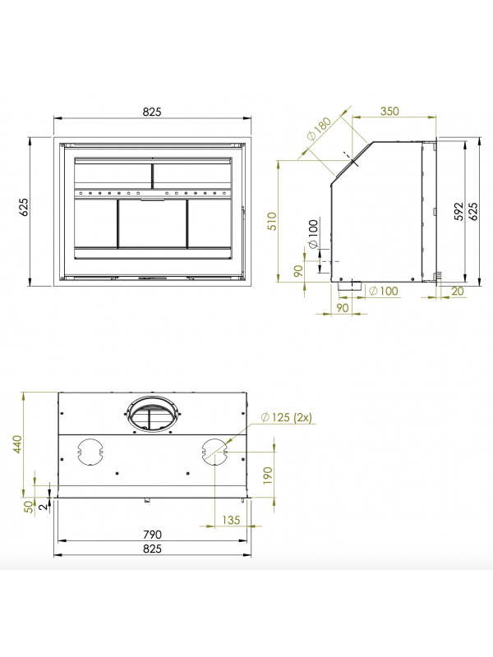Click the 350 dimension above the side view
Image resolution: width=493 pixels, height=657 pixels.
(389, 112)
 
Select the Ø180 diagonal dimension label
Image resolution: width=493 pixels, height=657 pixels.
(320, 130)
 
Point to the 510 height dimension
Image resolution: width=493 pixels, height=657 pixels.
(273, 221)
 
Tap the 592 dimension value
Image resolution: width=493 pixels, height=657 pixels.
(459, 211)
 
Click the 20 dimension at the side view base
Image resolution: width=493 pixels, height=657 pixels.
(458, 291)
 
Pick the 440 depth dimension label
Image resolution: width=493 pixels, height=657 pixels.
(17, 444)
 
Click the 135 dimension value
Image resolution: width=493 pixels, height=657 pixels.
(231, 520)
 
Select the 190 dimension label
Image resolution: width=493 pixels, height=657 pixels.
(268, 476)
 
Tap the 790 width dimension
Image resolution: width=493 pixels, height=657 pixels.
(152, 535)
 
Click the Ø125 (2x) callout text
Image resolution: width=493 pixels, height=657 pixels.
(286, 417)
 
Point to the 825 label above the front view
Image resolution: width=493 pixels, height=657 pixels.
(152, 112)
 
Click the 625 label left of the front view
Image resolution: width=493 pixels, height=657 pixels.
(24, 207)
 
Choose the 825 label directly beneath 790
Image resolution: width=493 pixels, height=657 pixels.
(152, 549)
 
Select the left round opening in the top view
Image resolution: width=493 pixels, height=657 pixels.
(90, 453)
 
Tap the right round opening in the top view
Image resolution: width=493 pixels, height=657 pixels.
(214, 453)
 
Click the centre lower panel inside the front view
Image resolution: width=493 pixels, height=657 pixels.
(152, 223)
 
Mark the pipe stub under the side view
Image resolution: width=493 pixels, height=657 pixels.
(346, 287)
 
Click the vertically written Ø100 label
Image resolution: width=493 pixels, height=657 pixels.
(313, 234)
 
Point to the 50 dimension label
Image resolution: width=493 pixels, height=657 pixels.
(29, 507)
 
